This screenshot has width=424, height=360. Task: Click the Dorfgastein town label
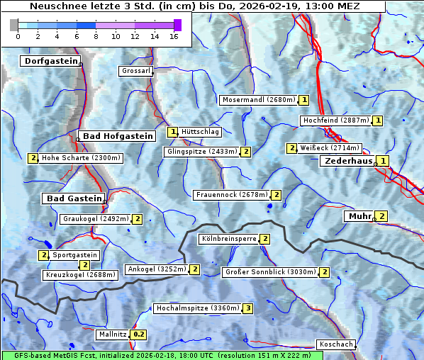pos(50,62)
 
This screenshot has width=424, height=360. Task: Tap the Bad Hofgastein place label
pos(117,136)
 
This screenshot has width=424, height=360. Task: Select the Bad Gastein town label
pos(74,198)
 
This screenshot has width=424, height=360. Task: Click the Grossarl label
pos(135,72)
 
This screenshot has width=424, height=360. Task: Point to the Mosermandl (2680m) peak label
pos(258,100)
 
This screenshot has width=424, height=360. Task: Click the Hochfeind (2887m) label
pos(335,120)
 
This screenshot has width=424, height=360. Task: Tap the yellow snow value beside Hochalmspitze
pos(247,308)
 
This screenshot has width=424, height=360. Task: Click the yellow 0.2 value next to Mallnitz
pos(138,334)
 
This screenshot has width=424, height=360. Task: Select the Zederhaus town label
pos(347,162)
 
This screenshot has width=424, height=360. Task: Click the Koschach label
pos(336,344)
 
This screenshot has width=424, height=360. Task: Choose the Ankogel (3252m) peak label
pos(156,269)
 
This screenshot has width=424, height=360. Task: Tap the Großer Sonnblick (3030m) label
pos(269,272)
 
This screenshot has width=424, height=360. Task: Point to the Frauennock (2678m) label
pos(231,195)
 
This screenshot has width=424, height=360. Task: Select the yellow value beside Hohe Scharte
pos(33,158)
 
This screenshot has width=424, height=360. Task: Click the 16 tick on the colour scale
pos(173,36)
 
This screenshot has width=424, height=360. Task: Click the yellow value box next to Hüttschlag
pos(172,132)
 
